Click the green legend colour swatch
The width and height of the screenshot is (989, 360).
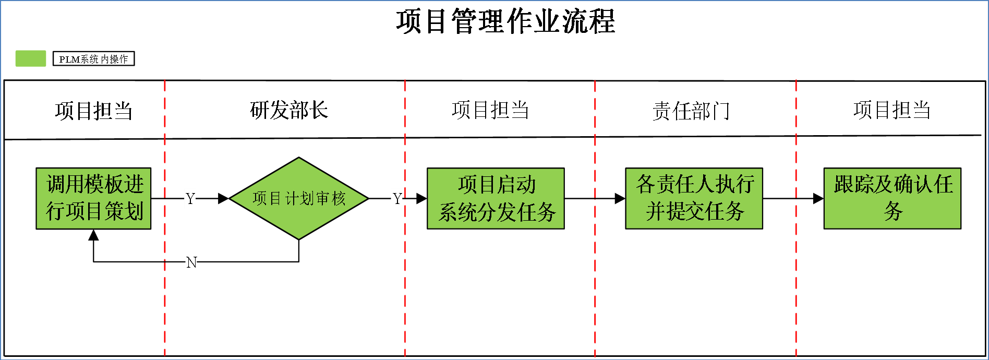pyautogui.click(x=31, y=58)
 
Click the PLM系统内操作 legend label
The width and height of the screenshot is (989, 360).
pyautogui.click(x=94, y=59)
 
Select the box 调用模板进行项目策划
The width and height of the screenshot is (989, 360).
pyautogui.click(x=93, y=198)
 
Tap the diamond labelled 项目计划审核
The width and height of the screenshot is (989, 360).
pyautogui.click(x=299, y=198)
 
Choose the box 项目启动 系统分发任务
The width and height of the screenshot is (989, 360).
pyautogui.click(x=496, y=198)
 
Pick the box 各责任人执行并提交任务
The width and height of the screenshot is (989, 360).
pyautogui.click(x=694, y=198)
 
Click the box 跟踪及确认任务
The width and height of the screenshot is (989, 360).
pyautogui.click(x=892, y=198)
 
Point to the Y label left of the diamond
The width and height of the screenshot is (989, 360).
pyautogui.click(x=190, y=199)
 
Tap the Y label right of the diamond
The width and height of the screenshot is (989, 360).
pyautogui.click(x=396, y=199)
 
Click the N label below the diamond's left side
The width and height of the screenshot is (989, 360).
pyautogui.click(x=191, y=262)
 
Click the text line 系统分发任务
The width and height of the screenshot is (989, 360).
pyautogui.click(x=497, y=212)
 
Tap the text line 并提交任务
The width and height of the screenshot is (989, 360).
pyautogui.click(x=695, y=211)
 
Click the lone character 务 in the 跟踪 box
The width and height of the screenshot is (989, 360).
pyautogui.click(x=893, y=211)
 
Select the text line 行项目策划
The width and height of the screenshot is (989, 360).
pyautogui.click(x=94, y=211)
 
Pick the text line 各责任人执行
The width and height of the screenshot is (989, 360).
pyautogui.click(x=695, y=184)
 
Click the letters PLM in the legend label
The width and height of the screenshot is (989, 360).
pyautogui.click(x=69, y=59)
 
